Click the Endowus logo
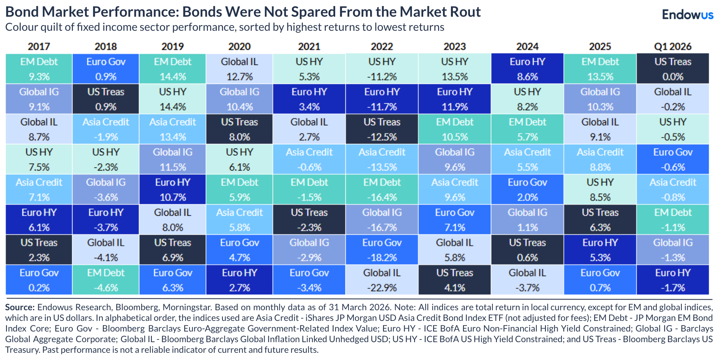[x=687, y=14]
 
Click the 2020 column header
[x=239, y=46]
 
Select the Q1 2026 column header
[x=673, y=46]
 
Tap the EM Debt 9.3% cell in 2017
[x=39, y=69]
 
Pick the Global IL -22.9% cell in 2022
[x=382, y=280]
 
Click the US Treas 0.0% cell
[x=673, y=69]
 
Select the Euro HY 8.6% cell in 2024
[x=527, y=69]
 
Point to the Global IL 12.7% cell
[x=239, y=69]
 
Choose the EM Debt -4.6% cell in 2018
[x=106, y=280]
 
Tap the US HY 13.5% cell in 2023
[x=454, y=69]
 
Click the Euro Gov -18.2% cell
[x=382, y=250]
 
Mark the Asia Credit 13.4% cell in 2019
[x=172, y=129]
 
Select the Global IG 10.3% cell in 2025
[x=600, y=99]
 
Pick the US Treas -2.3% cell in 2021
[x=309, y=219]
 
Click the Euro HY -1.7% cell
[x=673, y=280]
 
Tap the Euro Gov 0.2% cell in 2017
[x=39, y=280]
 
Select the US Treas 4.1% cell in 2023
[x=454, y=280]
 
